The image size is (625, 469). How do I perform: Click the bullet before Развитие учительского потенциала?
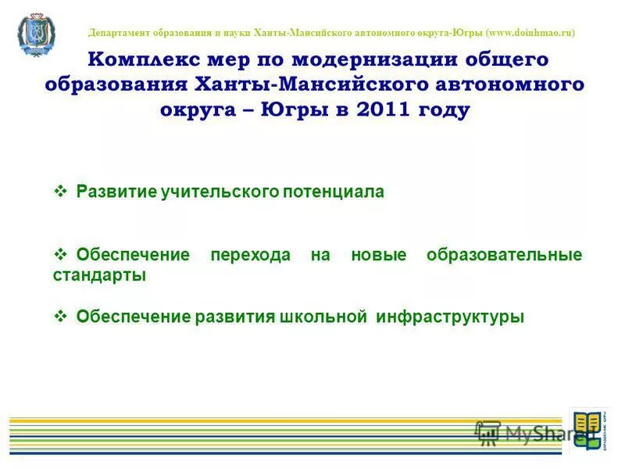[61, 192]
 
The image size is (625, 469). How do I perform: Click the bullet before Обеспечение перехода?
[61, 255]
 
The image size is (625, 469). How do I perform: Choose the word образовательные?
[505, 256]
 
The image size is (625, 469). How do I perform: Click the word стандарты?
[99, 276]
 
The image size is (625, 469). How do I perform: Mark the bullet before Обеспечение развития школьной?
[61, 317]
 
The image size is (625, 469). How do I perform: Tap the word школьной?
[323, 317]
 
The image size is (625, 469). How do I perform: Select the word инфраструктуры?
[451, 317]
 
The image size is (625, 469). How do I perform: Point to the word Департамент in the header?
[120, 33]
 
